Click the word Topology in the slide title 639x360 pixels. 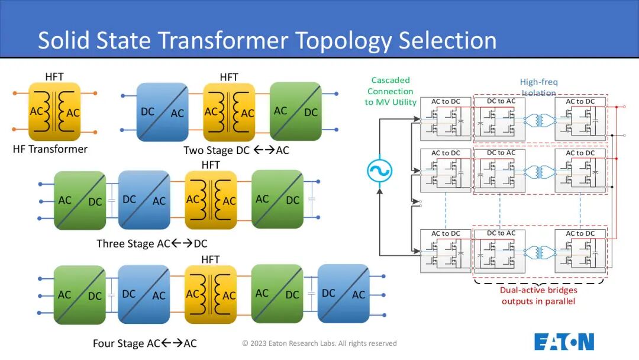[x=344, y=41]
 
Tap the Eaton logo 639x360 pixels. [x=564, y=342]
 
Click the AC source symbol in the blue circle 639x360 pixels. [x=379, y=171]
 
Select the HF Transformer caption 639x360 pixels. [x=50, y=149]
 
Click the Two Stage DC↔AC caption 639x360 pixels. [x=236, y=150]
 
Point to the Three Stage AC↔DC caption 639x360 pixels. [x=152, y=243]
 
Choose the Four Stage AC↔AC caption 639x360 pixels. [x=145, y=343]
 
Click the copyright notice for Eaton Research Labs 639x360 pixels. [x=319, y=343]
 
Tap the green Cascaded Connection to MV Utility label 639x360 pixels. [x=390, y=91]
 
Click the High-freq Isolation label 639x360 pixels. [x=539, y=87]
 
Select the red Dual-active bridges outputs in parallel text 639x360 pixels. [x=538, y=295]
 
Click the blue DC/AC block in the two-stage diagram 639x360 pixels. [x=163, y=112]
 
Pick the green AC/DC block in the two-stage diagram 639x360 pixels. [x=295, y=111]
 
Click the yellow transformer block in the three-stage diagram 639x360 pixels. [x=211, y=200]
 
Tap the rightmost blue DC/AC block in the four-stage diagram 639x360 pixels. [x=344, y=294]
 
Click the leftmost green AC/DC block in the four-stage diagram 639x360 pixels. [x=80, y=295]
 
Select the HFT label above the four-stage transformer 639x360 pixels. [x=210, y=259]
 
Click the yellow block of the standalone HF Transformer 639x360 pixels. [x=54, y=112]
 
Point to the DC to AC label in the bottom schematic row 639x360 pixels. [x=501, y=233]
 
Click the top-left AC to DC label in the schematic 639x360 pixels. [x=446, y=101]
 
